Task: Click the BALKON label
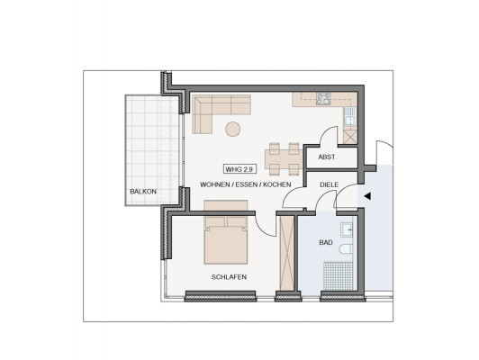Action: [x=143, y=192]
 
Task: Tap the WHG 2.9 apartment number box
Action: [x=239, y=169]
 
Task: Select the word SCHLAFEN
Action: [x=229, y=277]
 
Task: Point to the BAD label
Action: [x=326, y=243]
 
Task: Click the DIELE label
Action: [x=329, y=184]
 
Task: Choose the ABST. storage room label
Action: [x=328, y=157]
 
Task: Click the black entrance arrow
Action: [x=367, y=196]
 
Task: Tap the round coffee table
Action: [x=233, y=129]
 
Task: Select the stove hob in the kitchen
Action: [x=323, y=99]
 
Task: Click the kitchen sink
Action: [x=350, y=116]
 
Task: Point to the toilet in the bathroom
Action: [x=346, y=249]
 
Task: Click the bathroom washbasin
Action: [x=347, y=229]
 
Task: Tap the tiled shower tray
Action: [x=338, y=276]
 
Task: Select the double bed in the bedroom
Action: [x=226, y=240]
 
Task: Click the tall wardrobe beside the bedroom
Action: [x=287, y=254]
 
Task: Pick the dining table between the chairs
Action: [x=284, y=159]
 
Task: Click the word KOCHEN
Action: [x=277, y=184]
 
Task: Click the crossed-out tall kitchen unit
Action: [x=350, y=137]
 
